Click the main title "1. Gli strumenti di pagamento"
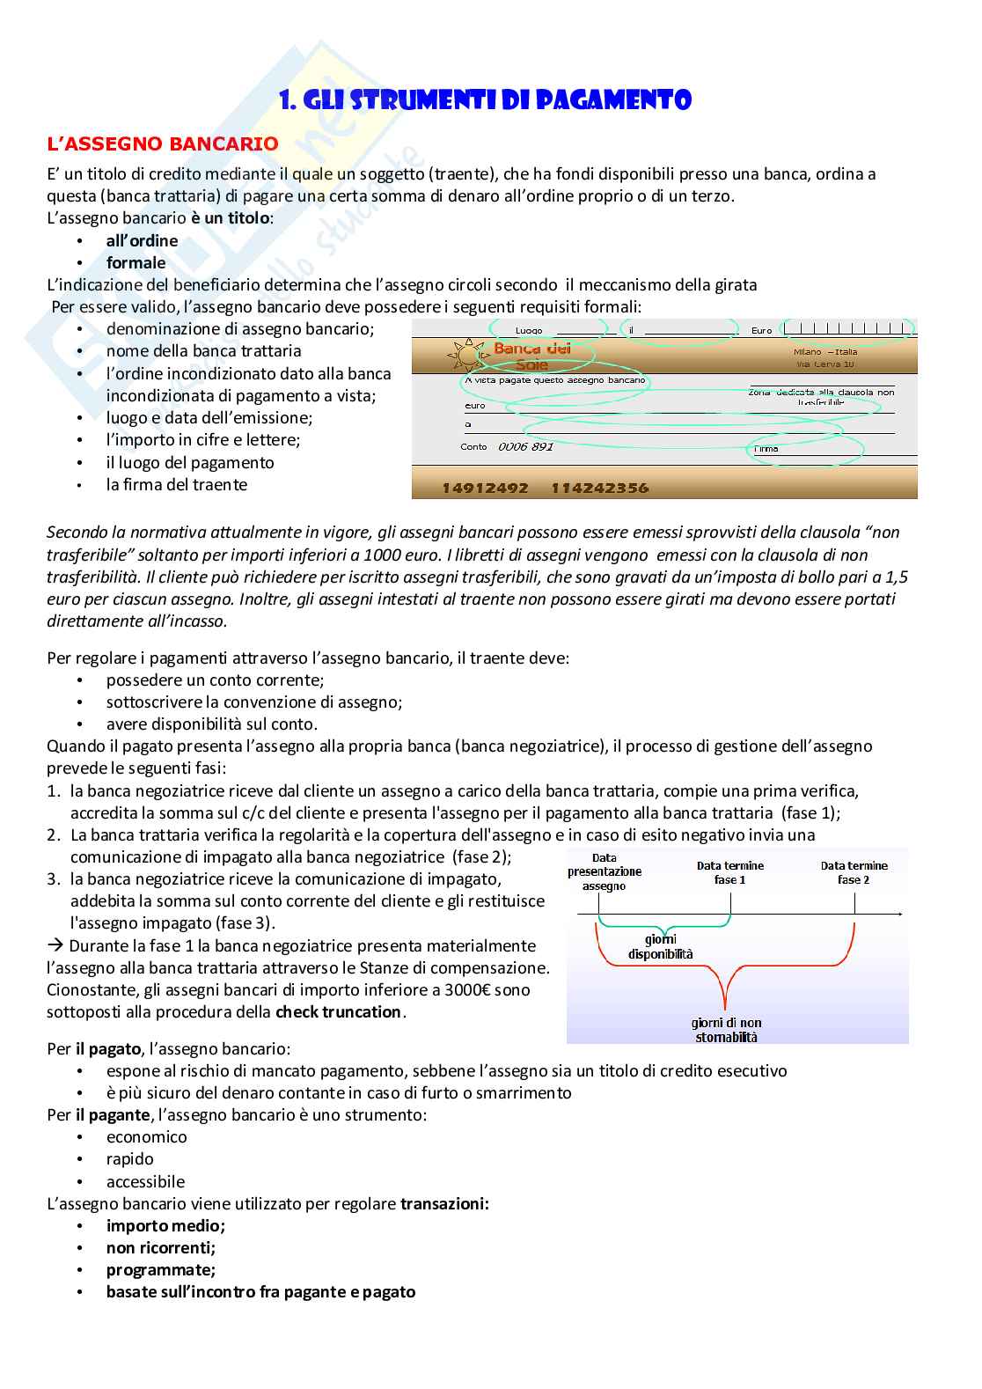(x=485, y=100)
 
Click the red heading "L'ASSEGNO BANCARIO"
(x=162, y=143)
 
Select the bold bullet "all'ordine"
(x=142, y=240)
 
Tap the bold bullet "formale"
(x=136, y=262)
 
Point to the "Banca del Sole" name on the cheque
(x=531, y=356)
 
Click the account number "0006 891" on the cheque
(x=525, y=446)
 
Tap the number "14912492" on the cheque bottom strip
(x=485, y=488)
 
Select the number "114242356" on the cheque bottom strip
(x=599, y=488)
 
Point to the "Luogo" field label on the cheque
(x=529, y=331)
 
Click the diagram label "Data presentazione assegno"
(x=604, y=871)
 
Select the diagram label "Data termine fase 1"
(x=730, y=872)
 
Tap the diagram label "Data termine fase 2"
(x=854, y=872)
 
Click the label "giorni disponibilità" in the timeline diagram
(x=660, y=946)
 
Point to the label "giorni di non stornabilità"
(x=726, y=1030)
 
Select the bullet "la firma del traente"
(x=176, y=484)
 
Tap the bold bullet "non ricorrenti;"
(x=160, y=1247)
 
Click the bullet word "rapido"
(x=129, y=1158)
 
